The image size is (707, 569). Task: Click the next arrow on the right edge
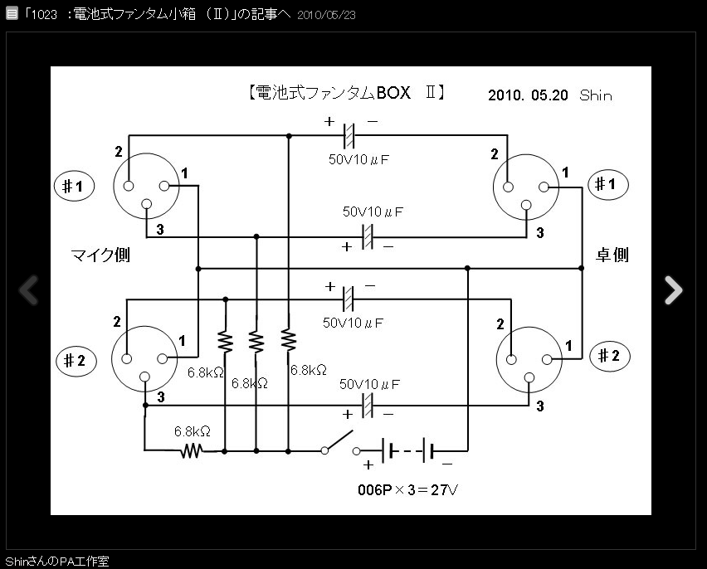[673, 289]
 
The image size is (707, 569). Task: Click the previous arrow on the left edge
[29, 289]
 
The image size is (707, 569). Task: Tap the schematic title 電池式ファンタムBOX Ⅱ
[347, 94]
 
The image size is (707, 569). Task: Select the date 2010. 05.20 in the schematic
[528, 95]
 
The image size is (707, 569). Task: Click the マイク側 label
[100, 255]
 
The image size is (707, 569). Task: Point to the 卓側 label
[612, 255]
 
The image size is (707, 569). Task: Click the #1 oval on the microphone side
[74, 187]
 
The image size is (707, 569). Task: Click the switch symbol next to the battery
[338, 442]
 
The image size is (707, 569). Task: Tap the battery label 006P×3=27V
[407, 490]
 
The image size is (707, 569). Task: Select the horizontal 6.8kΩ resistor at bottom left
[193, 450]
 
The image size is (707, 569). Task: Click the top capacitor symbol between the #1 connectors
[349, 135]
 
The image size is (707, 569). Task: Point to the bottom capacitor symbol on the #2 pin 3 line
[367, 405]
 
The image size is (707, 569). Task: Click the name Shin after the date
[596, 95]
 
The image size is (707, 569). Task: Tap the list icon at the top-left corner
[12, 14]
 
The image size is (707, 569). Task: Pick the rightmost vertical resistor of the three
[288, 340]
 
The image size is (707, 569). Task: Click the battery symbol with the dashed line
[407, 451]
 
